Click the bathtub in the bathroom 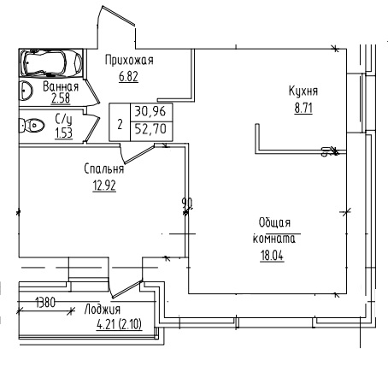click(x=51, y=63)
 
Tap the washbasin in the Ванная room click(x=26, y=91)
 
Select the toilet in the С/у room click(x=32, y=125)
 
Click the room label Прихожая click(x=129, y=61)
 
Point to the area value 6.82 click(x=128, y=76)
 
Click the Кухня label click(x=303, y=92)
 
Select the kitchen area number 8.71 click(x=303, y=109)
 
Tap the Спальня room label click(x=104, y=168)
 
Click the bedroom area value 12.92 click(x=104, y=186)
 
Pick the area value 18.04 click(x=272, y=256)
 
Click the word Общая click(x=274, y=222)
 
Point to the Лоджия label click(x=103, y=310)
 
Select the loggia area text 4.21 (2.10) click(x=120, y=324)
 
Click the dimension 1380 click(x=45, y=302)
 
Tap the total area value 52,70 click(x=150, y=129)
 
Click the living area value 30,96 click(x=150, y=111)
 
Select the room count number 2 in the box click(x=120, y=125)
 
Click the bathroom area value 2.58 click(x=61, y=98)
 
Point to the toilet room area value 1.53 click(x=64, y=133)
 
